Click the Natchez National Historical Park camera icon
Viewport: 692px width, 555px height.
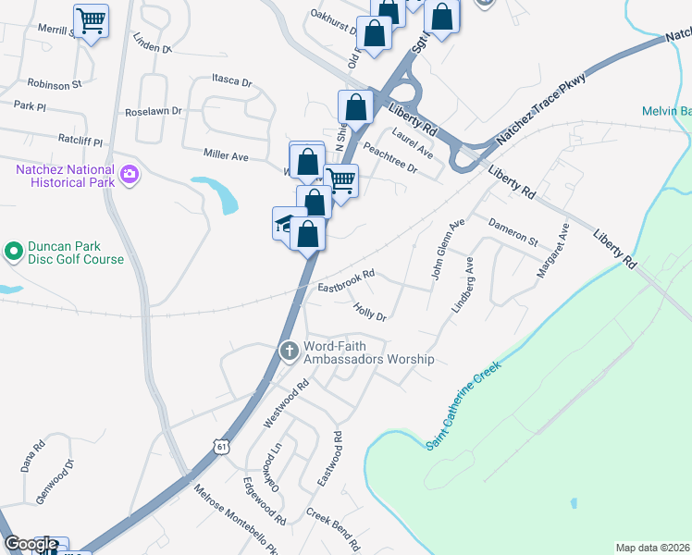click(x=129, y=174)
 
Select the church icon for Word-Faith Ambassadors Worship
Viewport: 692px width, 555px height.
click(x=289, y=351)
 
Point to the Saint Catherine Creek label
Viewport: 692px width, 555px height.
click(x=463, y=405)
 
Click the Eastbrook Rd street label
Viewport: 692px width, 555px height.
click(x=346, y=276)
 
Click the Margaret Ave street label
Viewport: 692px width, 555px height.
click(x=551, y=250)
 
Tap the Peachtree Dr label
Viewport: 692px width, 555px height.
click(x=391, y=158)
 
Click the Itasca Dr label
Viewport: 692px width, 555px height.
click(x=231, y=81)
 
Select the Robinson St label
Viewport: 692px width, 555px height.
click(x=55, y=84)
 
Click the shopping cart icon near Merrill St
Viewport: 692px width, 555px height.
click(x=91, y=20)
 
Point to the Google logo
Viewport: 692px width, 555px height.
click(x=31, y=544)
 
